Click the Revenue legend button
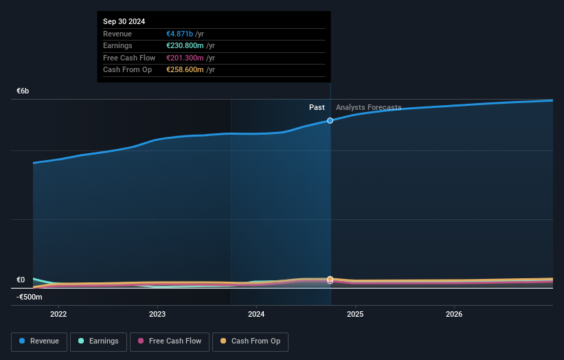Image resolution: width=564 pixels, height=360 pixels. (x=39, y=341)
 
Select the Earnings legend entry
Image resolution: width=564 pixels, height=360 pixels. (x=98, y=341)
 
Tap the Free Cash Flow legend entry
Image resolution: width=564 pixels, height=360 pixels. (x=169, y=341)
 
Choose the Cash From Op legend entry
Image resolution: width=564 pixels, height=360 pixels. (x=250, y=341)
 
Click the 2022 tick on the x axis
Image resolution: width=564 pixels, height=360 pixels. (x=59, y=315)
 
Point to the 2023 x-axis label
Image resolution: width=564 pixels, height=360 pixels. (x=157, y=315)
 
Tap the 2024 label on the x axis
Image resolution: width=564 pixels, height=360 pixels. (x=256, y=315)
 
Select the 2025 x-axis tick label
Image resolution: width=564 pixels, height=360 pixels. (x=355, y=315)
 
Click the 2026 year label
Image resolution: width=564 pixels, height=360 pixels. (x=454, y=315)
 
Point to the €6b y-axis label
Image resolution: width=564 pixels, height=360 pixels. (x=23, y=91)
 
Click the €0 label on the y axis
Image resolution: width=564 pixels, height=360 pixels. (x=21, y=280)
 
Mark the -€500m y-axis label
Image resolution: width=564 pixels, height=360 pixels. (x=30, y=297)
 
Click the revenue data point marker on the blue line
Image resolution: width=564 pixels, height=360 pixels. (x=330, y=120)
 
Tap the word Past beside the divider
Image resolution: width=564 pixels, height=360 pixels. (x=317, y=107)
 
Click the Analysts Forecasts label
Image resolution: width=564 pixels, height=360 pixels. (x=368, y=107)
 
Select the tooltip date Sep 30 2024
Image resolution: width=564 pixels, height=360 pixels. (x=124, y=22)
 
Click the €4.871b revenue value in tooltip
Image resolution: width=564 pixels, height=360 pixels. (x=180, y=34)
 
